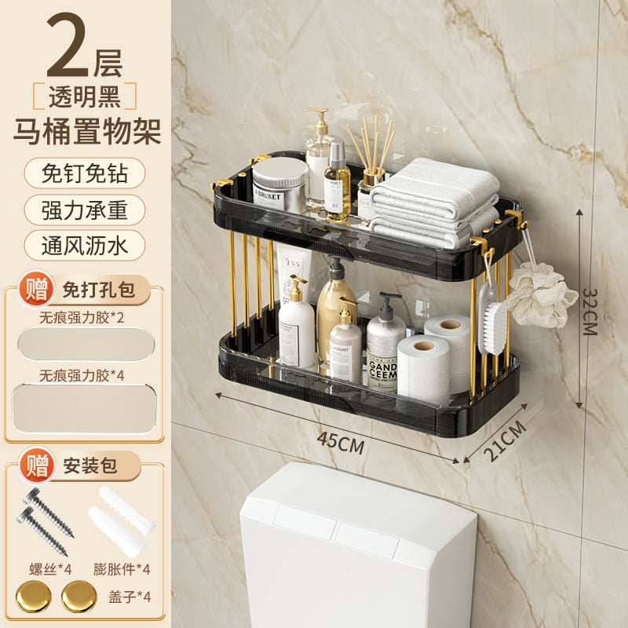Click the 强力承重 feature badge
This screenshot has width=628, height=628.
[x=84, y=210]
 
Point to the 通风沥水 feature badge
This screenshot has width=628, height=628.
[x=84, y=245]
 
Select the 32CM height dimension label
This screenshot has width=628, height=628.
[x=590, y=310]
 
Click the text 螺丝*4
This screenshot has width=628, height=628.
[x=46, y=568]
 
